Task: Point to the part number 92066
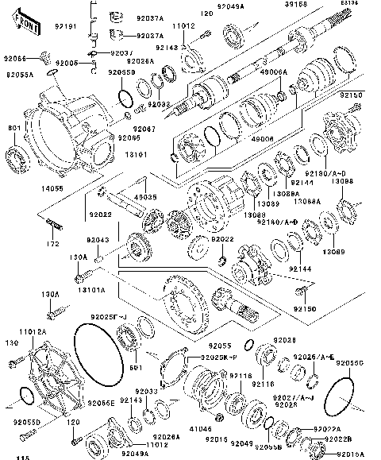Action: (15, 59)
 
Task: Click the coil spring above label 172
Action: (54, 225)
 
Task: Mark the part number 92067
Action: (144, 128)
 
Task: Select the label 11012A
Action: (32, 331)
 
